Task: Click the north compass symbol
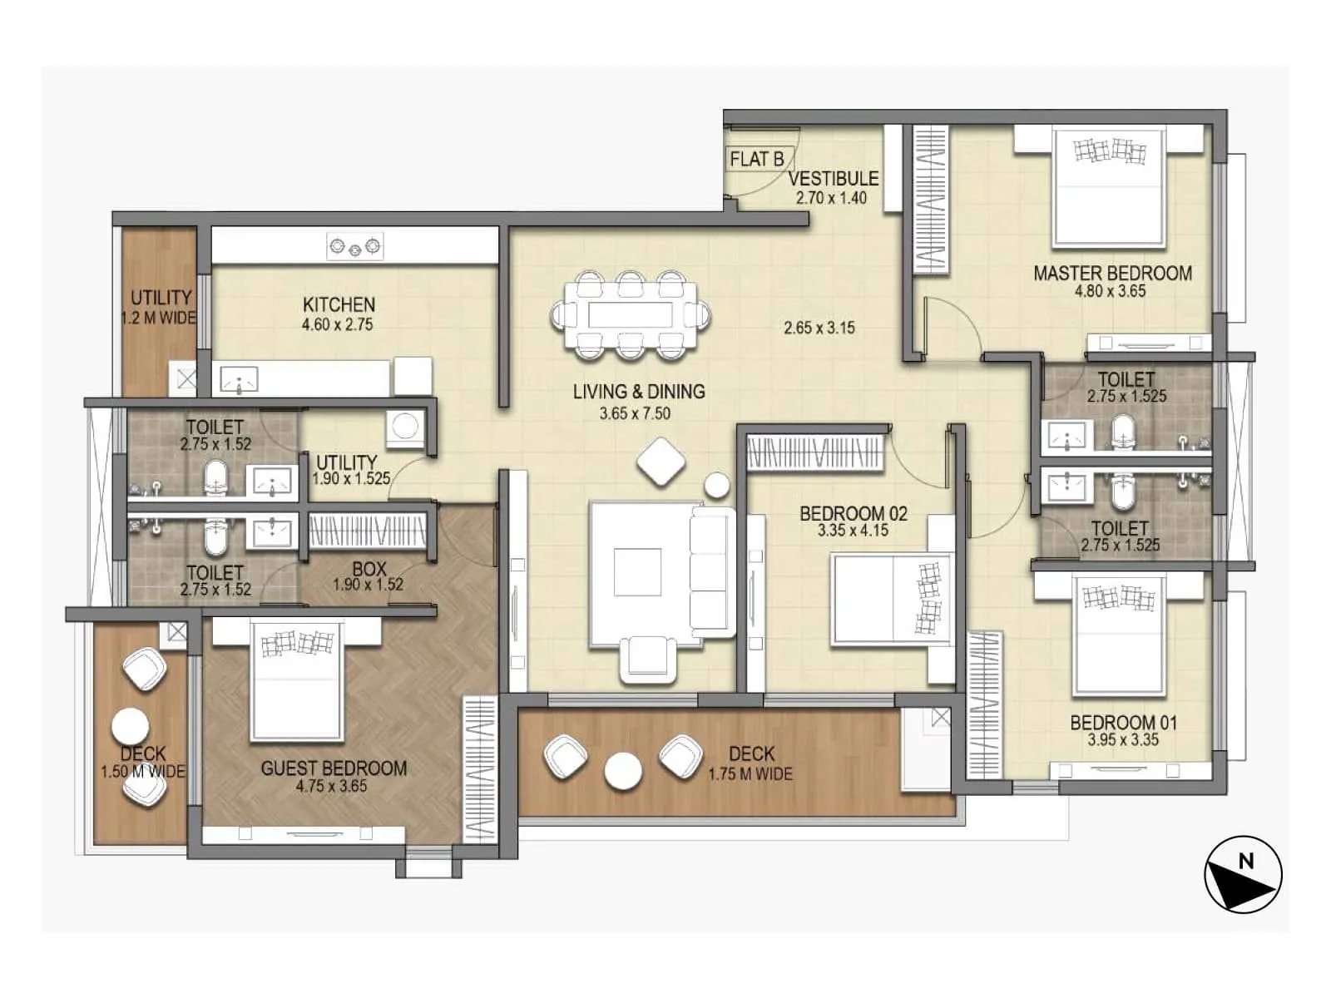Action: pos(1243,875)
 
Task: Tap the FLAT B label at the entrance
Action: pos(756,158)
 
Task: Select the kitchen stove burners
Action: pos(355,246)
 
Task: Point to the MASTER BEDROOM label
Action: pos(1112,273)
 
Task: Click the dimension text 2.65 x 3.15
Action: pos(819,328)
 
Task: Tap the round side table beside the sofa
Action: pos(716,485)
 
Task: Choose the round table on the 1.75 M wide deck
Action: pos(623,771)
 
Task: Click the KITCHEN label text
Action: pos(339,304)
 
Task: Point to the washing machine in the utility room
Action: pos(406,426)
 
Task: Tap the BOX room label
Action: pos(369,569)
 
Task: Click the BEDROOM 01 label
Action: pos(1123,722)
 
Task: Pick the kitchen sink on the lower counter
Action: pos(239,381)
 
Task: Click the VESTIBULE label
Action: pos(833,178)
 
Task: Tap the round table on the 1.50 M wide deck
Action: pos(131,728)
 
